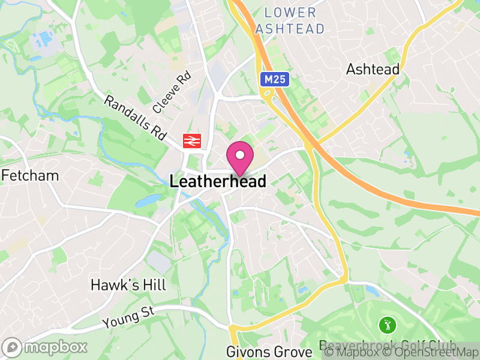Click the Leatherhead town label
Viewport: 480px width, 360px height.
[218, 181]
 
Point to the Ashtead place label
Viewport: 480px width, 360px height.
[373, 70]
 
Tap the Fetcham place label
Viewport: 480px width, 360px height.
[31, 176]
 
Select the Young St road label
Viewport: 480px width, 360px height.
[128, 317]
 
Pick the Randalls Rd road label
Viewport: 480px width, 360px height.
[134, 118]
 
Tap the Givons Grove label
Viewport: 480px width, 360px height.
[269, 352]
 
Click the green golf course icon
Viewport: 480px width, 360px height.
[387, 326]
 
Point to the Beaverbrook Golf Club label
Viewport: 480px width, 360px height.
[387, 347]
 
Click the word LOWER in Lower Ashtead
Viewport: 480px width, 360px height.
[290, 13]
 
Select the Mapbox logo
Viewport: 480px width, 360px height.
[45, 347]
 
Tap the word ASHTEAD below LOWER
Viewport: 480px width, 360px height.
[290, 28]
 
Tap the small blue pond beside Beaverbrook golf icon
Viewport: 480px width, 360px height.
[371, 292]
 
